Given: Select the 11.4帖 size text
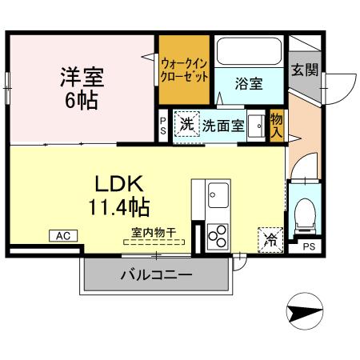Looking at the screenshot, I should (x=118, y=209).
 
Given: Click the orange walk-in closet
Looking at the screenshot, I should (x=184, y=70).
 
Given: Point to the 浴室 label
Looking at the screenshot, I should (x=249, y=83).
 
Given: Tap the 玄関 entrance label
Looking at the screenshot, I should (x=304, y=70).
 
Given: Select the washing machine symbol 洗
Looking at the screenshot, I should (x=186, y=124).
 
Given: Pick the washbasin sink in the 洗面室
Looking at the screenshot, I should (x=256, y=126).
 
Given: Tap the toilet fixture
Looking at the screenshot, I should (x=304, y=213).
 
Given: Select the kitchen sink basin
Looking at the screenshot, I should (x=217, y=193).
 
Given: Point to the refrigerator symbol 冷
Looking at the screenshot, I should (x=269, y=238).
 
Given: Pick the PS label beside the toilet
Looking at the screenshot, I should (x=307, y=247).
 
